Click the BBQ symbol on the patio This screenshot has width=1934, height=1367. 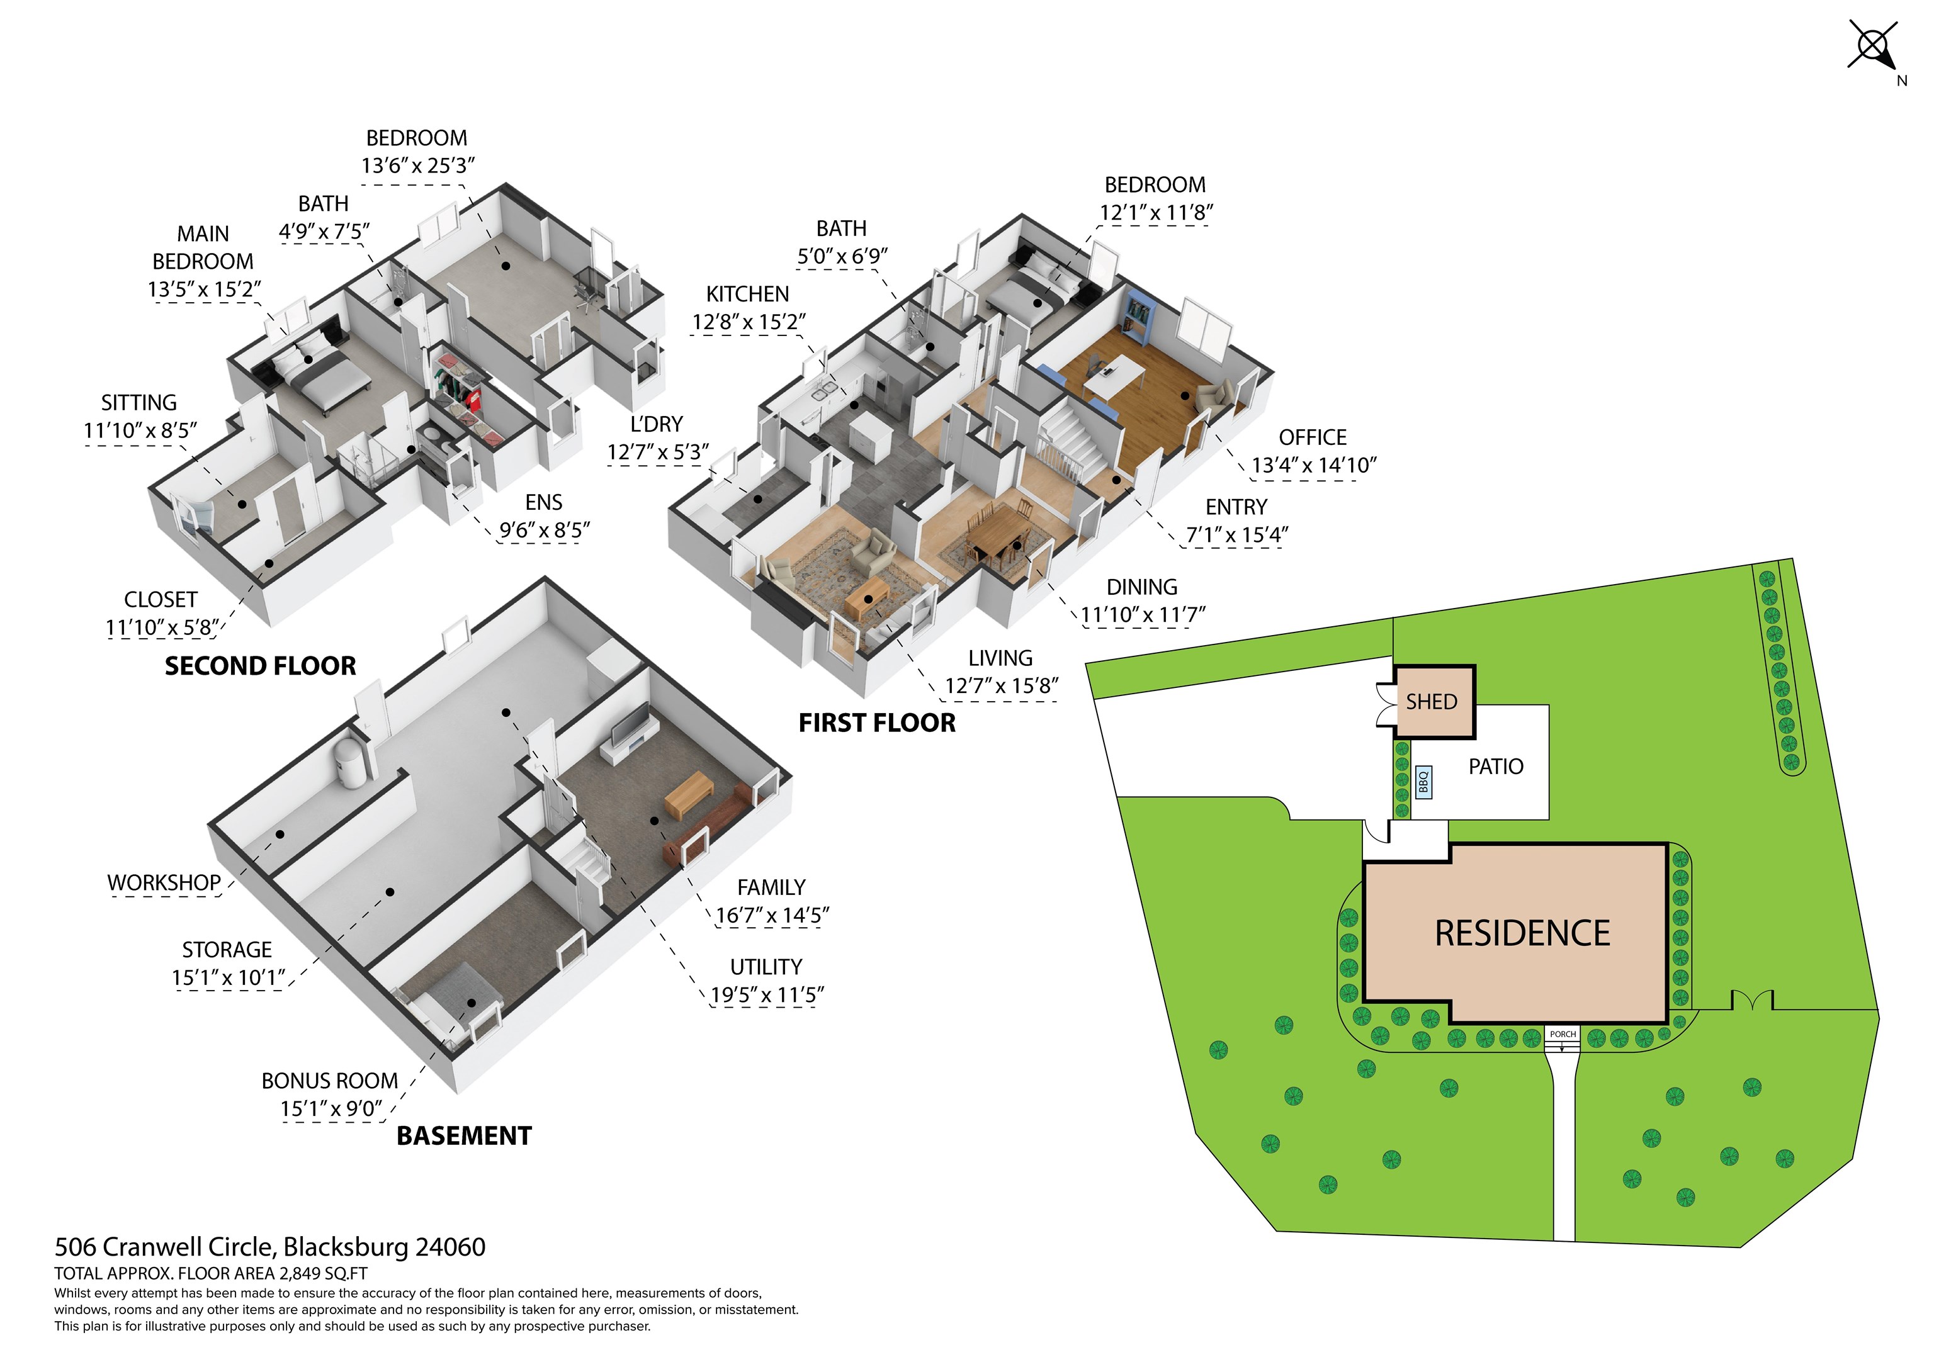(1423, 782)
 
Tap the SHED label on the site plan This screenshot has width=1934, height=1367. (1431, 702)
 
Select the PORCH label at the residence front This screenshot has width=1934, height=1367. (1563, 1033)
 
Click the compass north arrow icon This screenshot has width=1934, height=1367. (1875, 45)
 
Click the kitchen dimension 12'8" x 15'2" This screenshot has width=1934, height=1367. (748, 322)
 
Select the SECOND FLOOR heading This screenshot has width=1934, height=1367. (260, 667)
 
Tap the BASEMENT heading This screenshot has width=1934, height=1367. (464, 1135)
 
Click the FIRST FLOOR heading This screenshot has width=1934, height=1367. (877, 723)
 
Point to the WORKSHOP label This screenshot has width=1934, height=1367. (164, 882)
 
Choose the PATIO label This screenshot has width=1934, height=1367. (1495, 767)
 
